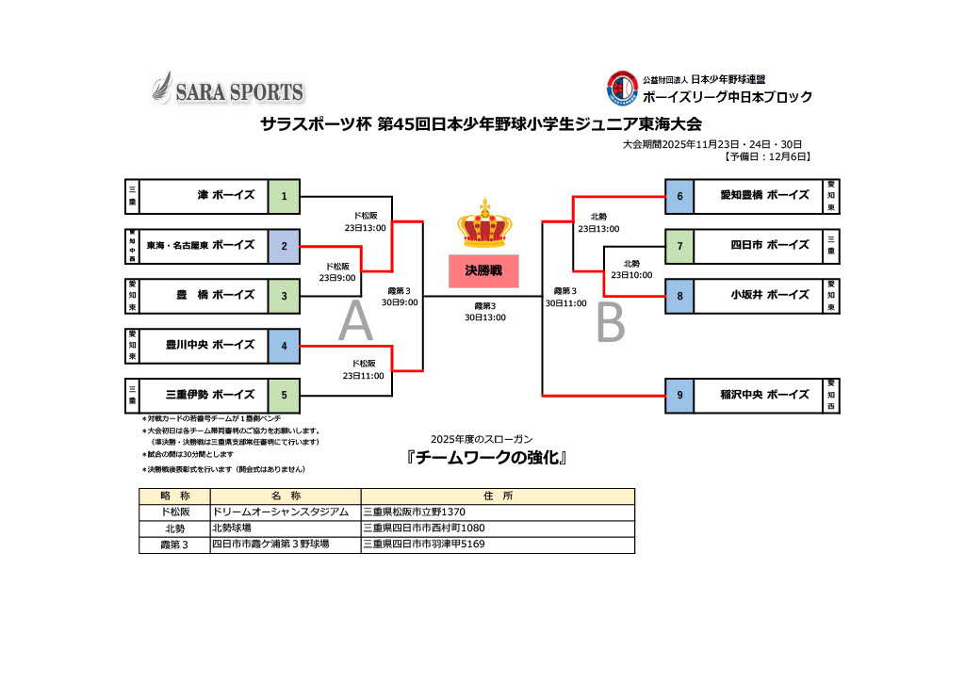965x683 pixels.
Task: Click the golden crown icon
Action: point(484,224)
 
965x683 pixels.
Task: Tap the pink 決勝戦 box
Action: point(484,270)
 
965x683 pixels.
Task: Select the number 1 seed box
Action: point(284,196)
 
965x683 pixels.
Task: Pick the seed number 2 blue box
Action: point(284,246)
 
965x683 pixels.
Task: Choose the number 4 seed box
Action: point(284,345)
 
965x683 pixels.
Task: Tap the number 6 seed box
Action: point(679,196)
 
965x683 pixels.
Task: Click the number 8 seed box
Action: point(679,296)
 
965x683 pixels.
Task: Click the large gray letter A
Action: point(355,322)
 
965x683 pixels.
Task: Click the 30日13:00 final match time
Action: point(484,317)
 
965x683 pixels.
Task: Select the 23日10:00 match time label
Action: point(631,276)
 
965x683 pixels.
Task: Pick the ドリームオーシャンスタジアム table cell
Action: point(286,512)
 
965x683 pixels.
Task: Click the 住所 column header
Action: point(498,496)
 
